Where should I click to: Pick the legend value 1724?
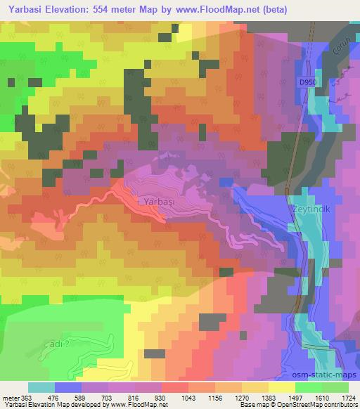[348, 397]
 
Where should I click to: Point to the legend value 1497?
[295, 397]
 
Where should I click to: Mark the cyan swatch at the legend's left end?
[41, 387]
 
